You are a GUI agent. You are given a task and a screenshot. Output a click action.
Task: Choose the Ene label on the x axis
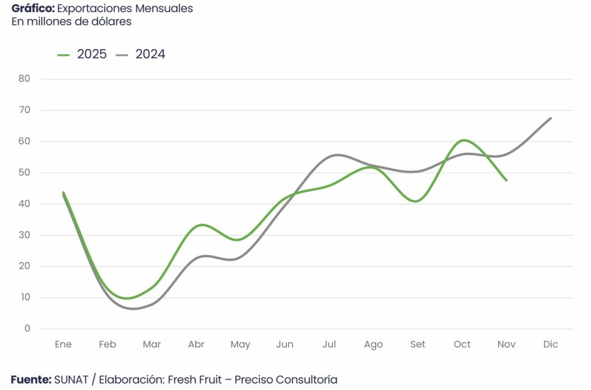(63, 344)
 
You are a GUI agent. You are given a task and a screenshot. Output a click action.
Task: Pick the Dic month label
(551, 344)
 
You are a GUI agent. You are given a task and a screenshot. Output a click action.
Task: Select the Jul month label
(329, 344)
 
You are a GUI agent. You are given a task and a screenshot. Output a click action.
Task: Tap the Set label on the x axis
(417, 344)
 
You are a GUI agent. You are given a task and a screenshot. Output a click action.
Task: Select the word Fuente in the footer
(31, 380)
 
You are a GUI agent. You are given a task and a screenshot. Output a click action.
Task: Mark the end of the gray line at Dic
(551, 118)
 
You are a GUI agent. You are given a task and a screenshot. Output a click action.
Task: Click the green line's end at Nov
(506, 180)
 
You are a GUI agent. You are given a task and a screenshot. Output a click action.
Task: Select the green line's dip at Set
(416, 201)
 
